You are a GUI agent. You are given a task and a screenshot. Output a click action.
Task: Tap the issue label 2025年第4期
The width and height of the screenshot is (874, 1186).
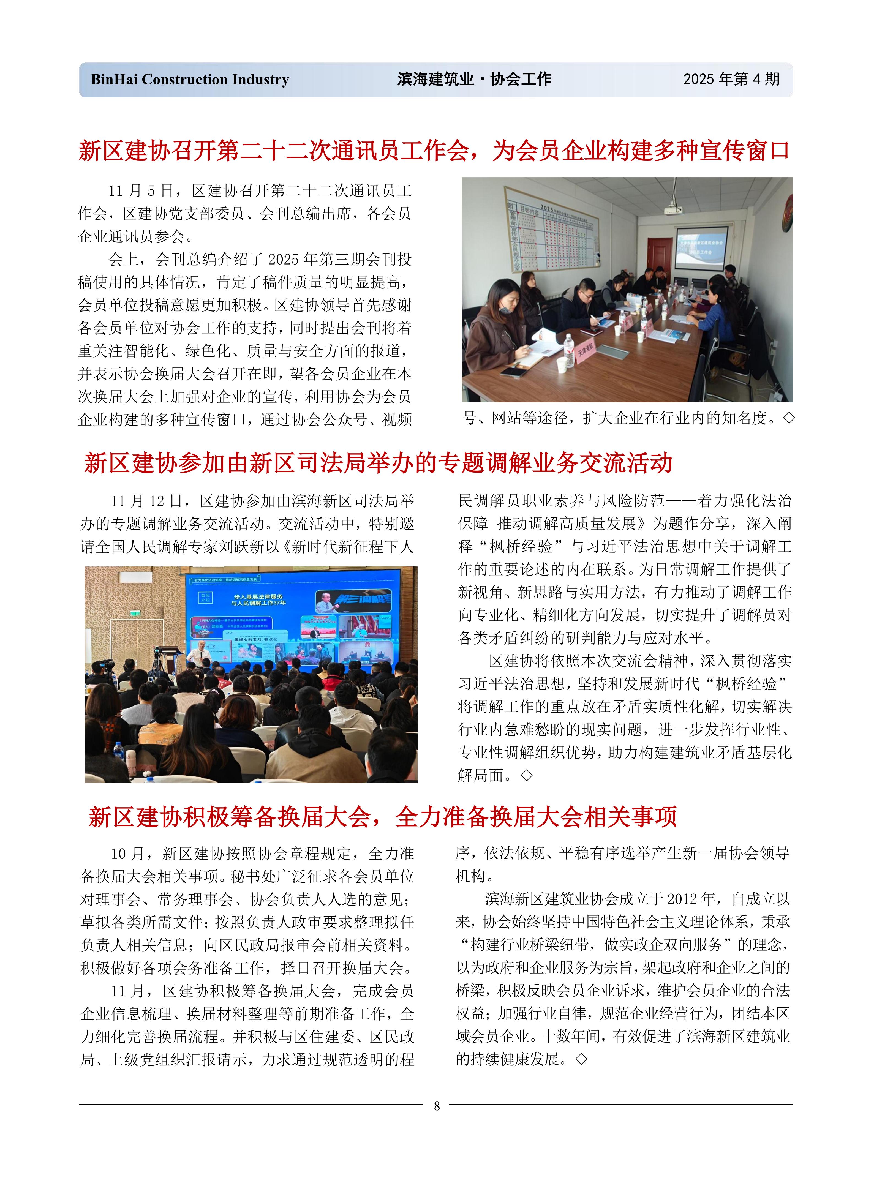click(x=731, y=79)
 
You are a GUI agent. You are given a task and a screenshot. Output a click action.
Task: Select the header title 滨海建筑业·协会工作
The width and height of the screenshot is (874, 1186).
click(x=474, y=79)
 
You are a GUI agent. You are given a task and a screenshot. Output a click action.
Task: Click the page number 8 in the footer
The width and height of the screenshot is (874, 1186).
click(x=437, y=1106)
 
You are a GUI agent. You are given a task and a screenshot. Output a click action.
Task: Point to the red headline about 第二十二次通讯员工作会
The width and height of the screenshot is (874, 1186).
click(x=434, y=151)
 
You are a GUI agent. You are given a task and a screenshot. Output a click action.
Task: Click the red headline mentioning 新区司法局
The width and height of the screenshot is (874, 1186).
click(x=378, y=463)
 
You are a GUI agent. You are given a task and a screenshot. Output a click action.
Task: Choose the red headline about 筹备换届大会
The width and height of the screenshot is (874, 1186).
click(x=383, y=816)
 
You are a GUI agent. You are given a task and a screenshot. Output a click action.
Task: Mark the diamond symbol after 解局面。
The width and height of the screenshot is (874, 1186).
click(x=526, y=775)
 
